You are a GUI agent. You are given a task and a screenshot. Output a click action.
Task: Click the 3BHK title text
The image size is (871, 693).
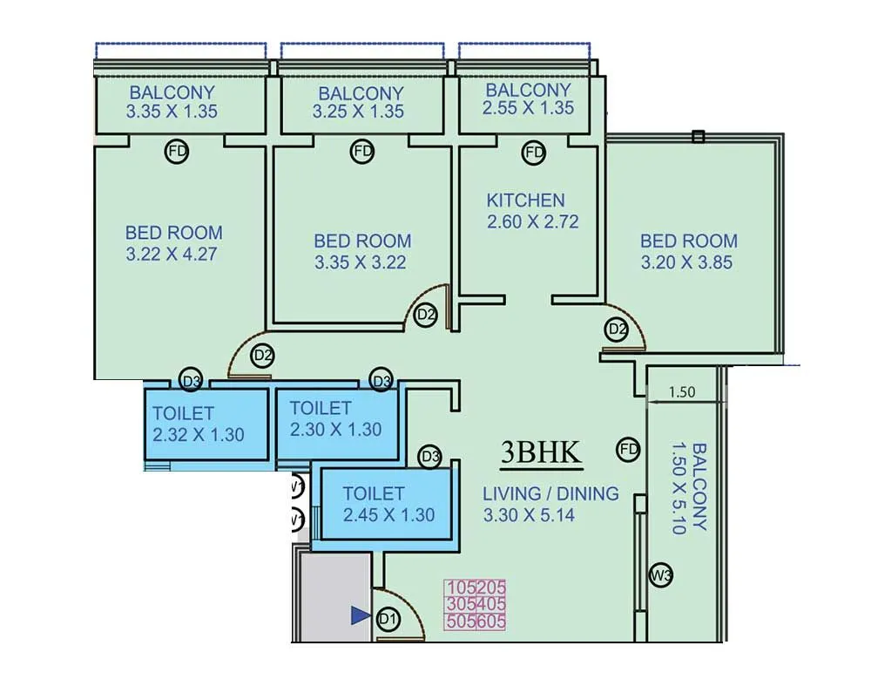coord(541,452)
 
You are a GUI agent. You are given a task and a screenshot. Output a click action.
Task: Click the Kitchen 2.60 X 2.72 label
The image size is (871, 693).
coord(532,211)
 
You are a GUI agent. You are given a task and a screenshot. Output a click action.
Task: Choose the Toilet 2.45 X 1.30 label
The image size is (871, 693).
coord(388,504)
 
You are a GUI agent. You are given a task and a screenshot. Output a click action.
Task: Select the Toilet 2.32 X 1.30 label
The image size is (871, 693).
coord(198,424)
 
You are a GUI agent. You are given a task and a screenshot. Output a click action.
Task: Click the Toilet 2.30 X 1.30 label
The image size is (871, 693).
coord(335,418)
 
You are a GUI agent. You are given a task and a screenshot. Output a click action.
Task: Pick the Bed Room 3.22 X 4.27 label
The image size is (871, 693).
coord(173,243)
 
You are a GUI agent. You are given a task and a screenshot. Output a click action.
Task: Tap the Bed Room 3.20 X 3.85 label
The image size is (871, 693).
coord(688,251)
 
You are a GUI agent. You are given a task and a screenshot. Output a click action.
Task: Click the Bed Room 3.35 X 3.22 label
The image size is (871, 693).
coord(361,251)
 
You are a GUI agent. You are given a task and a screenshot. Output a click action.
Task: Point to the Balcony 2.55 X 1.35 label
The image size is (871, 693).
coord(528,99)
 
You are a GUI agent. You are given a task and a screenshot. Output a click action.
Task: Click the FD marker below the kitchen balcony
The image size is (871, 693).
coord(533,153)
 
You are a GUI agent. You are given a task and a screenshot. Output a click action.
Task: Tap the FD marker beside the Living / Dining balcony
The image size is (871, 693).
coord(628,450)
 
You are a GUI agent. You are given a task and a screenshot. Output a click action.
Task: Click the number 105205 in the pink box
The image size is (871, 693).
coord(476,588)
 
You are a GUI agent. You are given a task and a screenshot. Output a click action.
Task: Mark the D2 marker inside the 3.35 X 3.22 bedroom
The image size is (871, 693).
coord(425,315)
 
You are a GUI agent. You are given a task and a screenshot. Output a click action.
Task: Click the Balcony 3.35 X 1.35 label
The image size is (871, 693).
coord(172,101)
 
